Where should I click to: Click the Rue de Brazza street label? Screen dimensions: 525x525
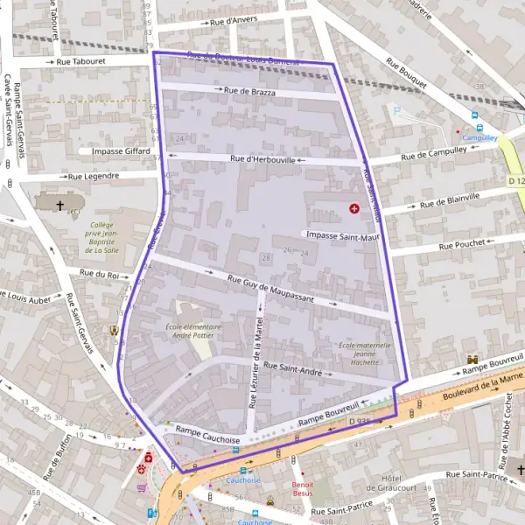pyautogui.click(x=250, y=91)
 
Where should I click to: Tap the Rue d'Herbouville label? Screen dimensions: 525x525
pyautogui.click(x=262, y=159)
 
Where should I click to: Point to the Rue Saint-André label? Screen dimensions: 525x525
pyautogui.click(x=292, y=369)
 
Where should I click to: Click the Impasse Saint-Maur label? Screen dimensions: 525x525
pyautogui.click(x=340, y=235)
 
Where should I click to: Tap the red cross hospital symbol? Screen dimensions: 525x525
pyautogui.click(x=354, y=209)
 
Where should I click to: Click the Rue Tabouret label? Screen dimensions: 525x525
pyautogui.click(x=80, y=62)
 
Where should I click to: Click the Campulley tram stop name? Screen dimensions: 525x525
pyautogui.click(x=479, y=137)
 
